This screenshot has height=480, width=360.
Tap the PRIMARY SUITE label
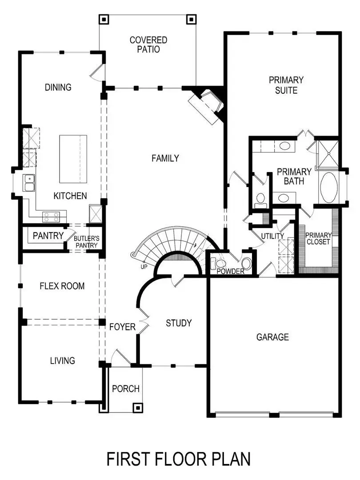(286, 85)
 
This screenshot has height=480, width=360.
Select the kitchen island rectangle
(73, 159)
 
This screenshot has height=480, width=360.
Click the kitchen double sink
(30, 183)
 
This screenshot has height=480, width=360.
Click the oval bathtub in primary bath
(329, 188)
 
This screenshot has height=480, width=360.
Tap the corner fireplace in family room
(206, 105)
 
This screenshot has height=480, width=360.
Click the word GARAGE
(272, 337)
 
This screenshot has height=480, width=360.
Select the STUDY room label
(179, 323)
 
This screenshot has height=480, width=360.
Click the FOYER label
(122, 327)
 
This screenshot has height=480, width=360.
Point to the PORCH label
(125, 389)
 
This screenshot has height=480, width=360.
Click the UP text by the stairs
(143, 267)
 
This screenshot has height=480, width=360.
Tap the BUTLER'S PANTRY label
(87, 242)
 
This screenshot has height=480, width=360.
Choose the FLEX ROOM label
(62, 286)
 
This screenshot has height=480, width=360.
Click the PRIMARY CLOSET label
(318, 239)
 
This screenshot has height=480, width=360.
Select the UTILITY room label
(272, 236)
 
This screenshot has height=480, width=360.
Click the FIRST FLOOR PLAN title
(178, 459)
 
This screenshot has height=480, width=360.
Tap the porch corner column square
(138, 407)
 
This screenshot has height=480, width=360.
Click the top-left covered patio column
(104, 19)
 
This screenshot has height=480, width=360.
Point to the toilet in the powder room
(247, 264)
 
